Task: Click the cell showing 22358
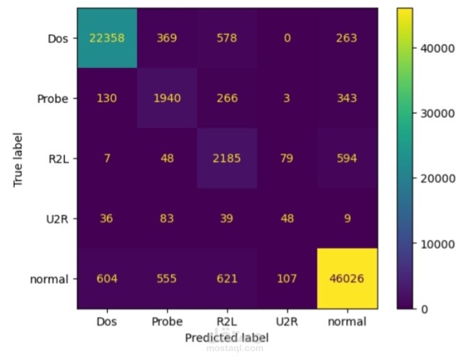click(x=107, y=38)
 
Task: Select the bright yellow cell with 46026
click(x=347, y=279)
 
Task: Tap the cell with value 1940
click(x=166, y=98)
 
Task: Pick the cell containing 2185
click(x=226, y=158)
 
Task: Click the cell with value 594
click(x=347, y=158)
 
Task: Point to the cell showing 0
click(x=286, y=38)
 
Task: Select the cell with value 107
click(x=286, y=279)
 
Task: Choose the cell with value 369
click(x=166, y=38)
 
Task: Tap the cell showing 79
click(x=286, y=158)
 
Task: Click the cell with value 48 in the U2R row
click(x=286, y=219)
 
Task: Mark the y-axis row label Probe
click(x=52, y=99)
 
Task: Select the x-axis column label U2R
click(x=286, y=322)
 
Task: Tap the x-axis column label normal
click(x=347, y=322)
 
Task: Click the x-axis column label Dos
click(x=107, y=322)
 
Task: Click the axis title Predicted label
click(x=226, y=337)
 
